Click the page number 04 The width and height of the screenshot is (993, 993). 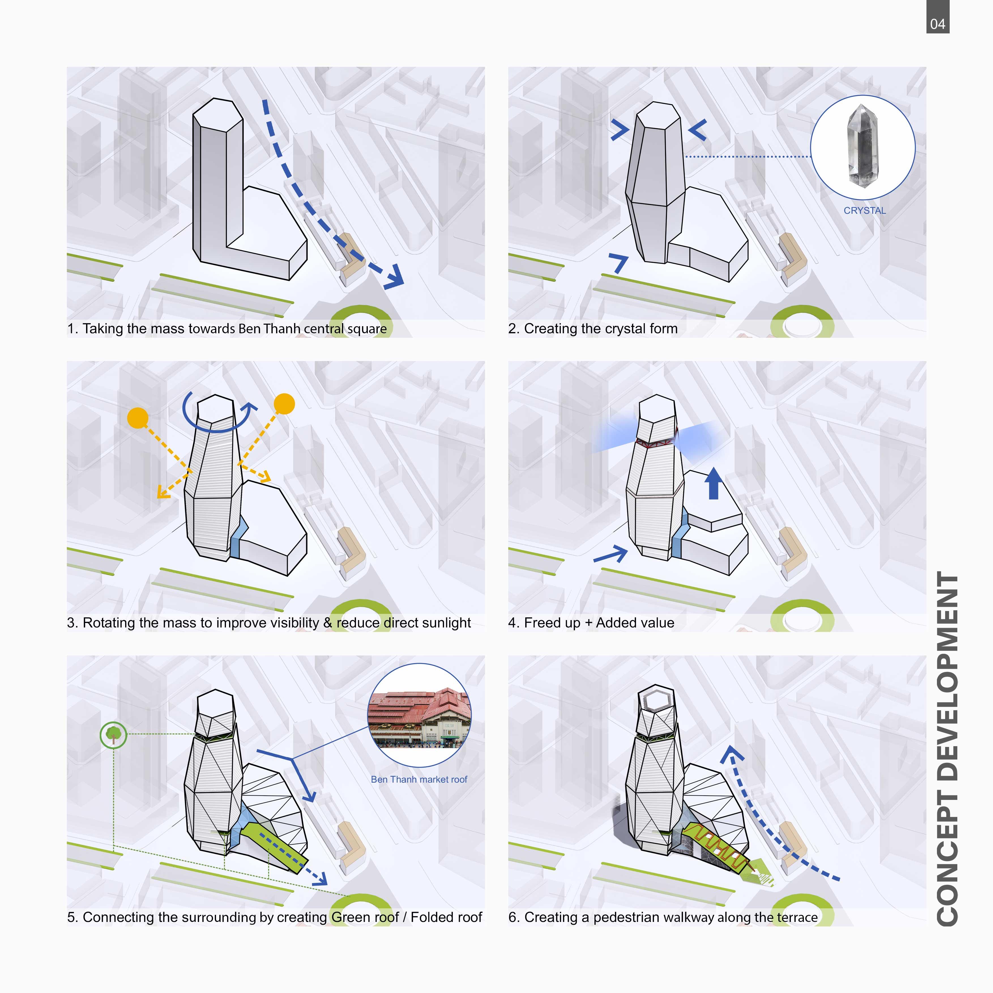(938, 24)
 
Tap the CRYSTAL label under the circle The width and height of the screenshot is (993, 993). (864, 211)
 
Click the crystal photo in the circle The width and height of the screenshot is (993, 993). (862, 146)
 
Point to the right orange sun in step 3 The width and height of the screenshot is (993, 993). (284, 403)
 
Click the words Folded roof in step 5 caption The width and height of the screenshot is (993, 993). (446, 917)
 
